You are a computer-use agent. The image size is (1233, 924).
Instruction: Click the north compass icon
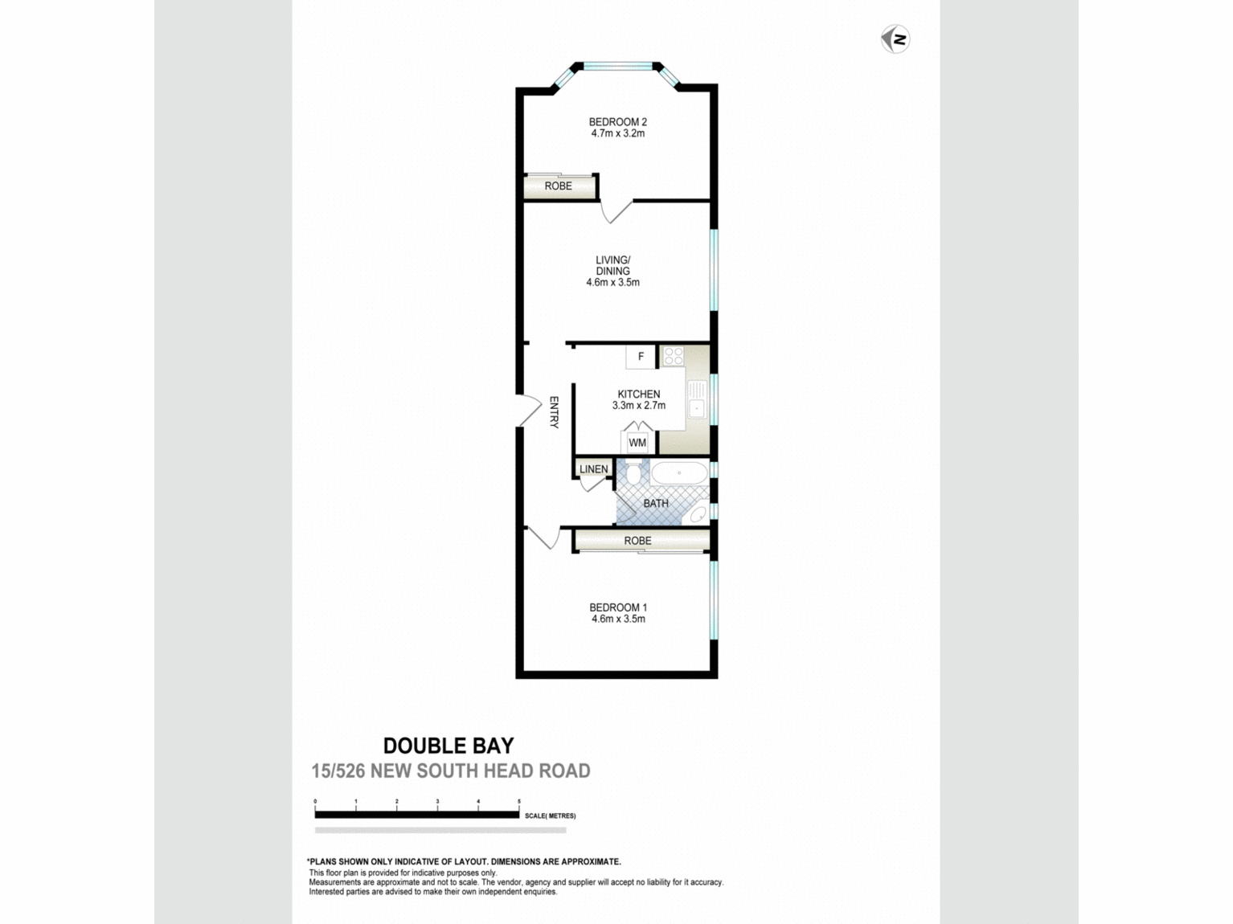click(895, 39)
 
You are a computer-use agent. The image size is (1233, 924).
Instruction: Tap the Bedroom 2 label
click(617, 128)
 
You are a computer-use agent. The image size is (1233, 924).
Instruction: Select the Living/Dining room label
click(612, 271)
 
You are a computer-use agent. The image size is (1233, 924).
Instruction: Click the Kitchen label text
click(638, 399)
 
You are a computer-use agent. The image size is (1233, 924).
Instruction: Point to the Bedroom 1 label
click(617, 613)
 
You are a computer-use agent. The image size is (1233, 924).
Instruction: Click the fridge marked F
click(641, 356)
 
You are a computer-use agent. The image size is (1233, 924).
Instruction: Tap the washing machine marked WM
click(637, 443)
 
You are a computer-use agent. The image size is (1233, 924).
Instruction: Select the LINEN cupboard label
click(594, 469)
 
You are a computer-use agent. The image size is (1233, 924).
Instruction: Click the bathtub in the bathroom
click(679, 473)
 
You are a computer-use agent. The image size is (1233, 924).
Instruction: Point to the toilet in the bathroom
click(633, 474)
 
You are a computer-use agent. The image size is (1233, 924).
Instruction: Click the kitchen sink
click(696, 408)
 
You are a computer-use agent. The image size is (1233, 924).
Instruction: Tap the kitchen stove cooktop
click(672, 356)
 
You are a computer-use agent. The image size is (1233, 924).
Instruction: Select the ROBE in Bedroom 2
click(559, 186)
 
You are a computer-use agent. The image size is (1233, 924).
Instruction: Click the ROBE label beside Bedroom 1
click(638, 541)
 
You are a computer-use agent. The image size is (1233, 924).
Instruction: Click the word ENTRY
click(554, 412)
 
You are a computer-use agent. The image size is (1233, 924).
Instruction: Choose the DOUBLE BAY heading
click(449, 746)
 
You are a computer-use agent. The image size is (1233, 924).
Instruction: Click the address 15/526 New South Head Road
click(451, 771)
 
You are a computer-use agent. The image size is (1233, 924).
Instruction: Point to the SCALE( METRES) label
click(551, 816)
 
